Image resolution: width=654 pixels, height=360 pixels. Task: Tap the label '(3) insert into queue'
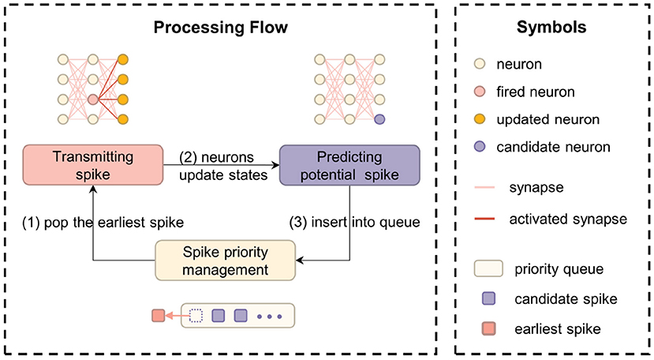pos(355,223)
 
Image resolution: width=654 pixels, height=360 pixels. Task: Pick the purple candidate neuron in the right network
pos(379,119)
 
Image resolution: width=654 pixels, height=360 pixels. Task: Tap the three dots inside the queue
pos(268,317)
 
